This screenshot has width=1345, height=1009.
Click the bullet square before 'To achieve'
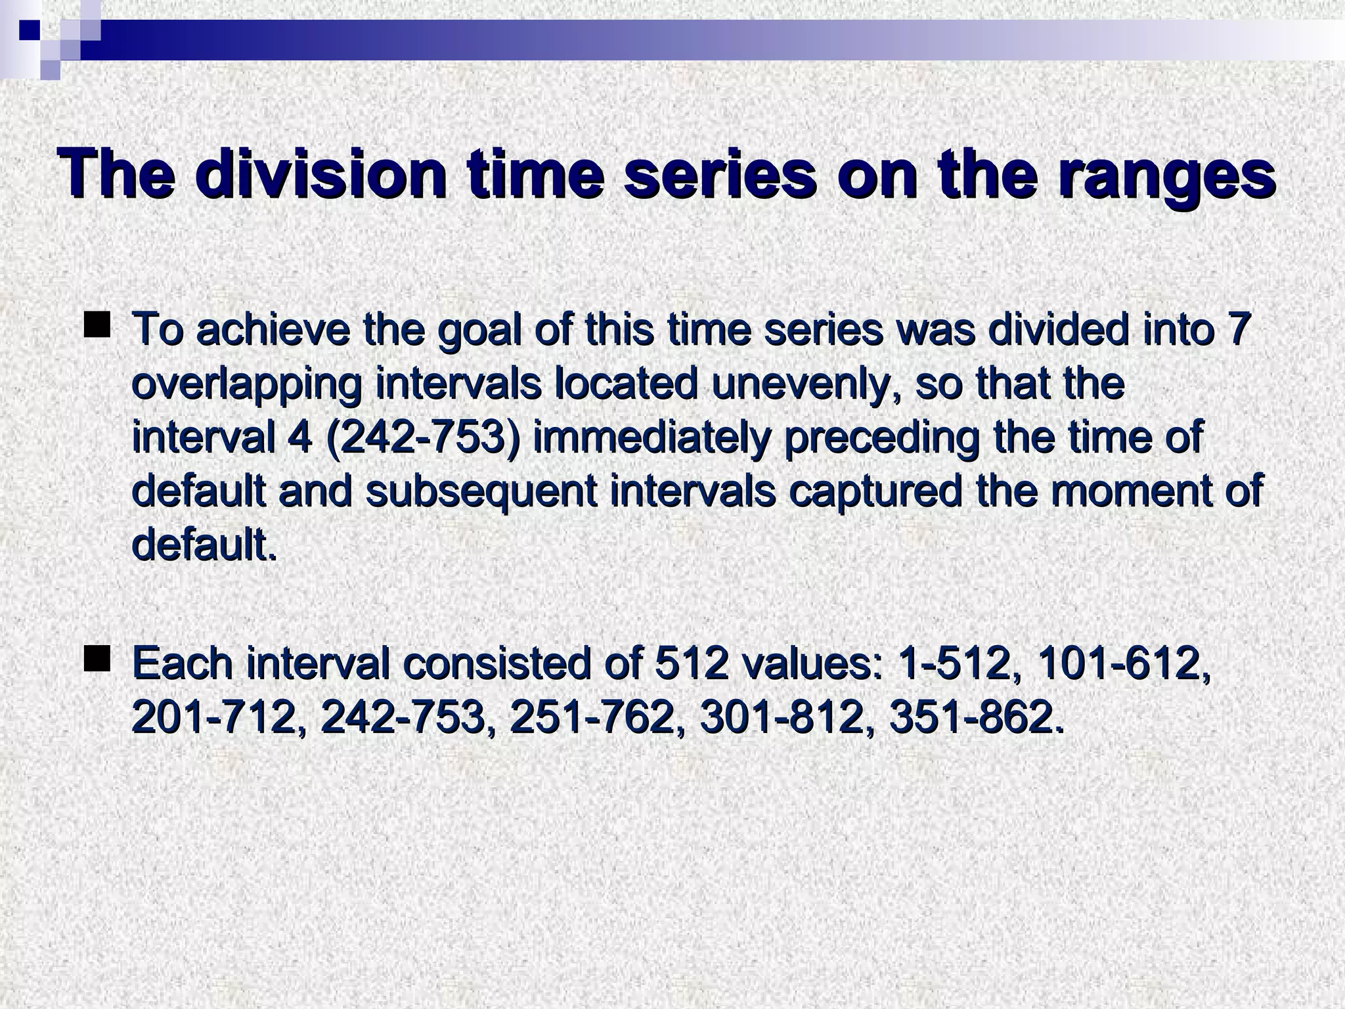[x=97, y=326]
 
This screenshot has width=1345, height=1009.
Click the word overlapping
[x=246, y=384]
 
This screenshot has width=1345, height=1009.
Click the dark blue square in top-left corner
[x=30, y=30]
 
